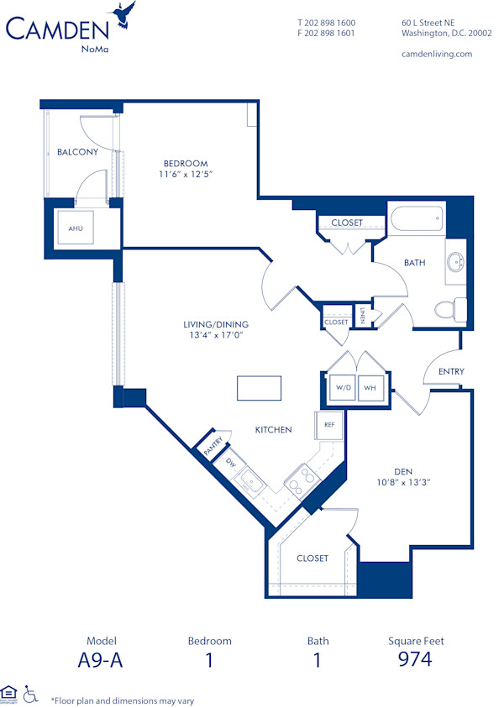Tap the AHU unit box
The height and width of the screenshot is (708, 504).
pos(76,228)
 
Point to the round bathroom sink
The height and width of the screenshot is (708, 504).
pos(456,259)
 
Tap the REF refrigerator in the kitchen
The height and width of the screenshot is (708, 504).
pos(328,425)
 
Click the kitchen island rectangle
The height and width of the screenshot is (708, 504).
pos(260,388)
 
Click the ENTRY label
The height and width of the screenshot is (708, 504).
pos(451,371)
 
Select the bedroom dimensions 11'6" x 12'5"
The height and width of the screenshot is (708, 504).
pos(186,175)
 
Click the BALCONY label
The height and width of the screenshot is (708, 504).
pos(77,152)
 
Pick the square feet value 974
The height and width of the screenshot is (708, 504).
pos(415,659)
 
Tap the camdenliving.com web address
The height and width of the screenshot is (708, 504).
pos(437,54)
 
